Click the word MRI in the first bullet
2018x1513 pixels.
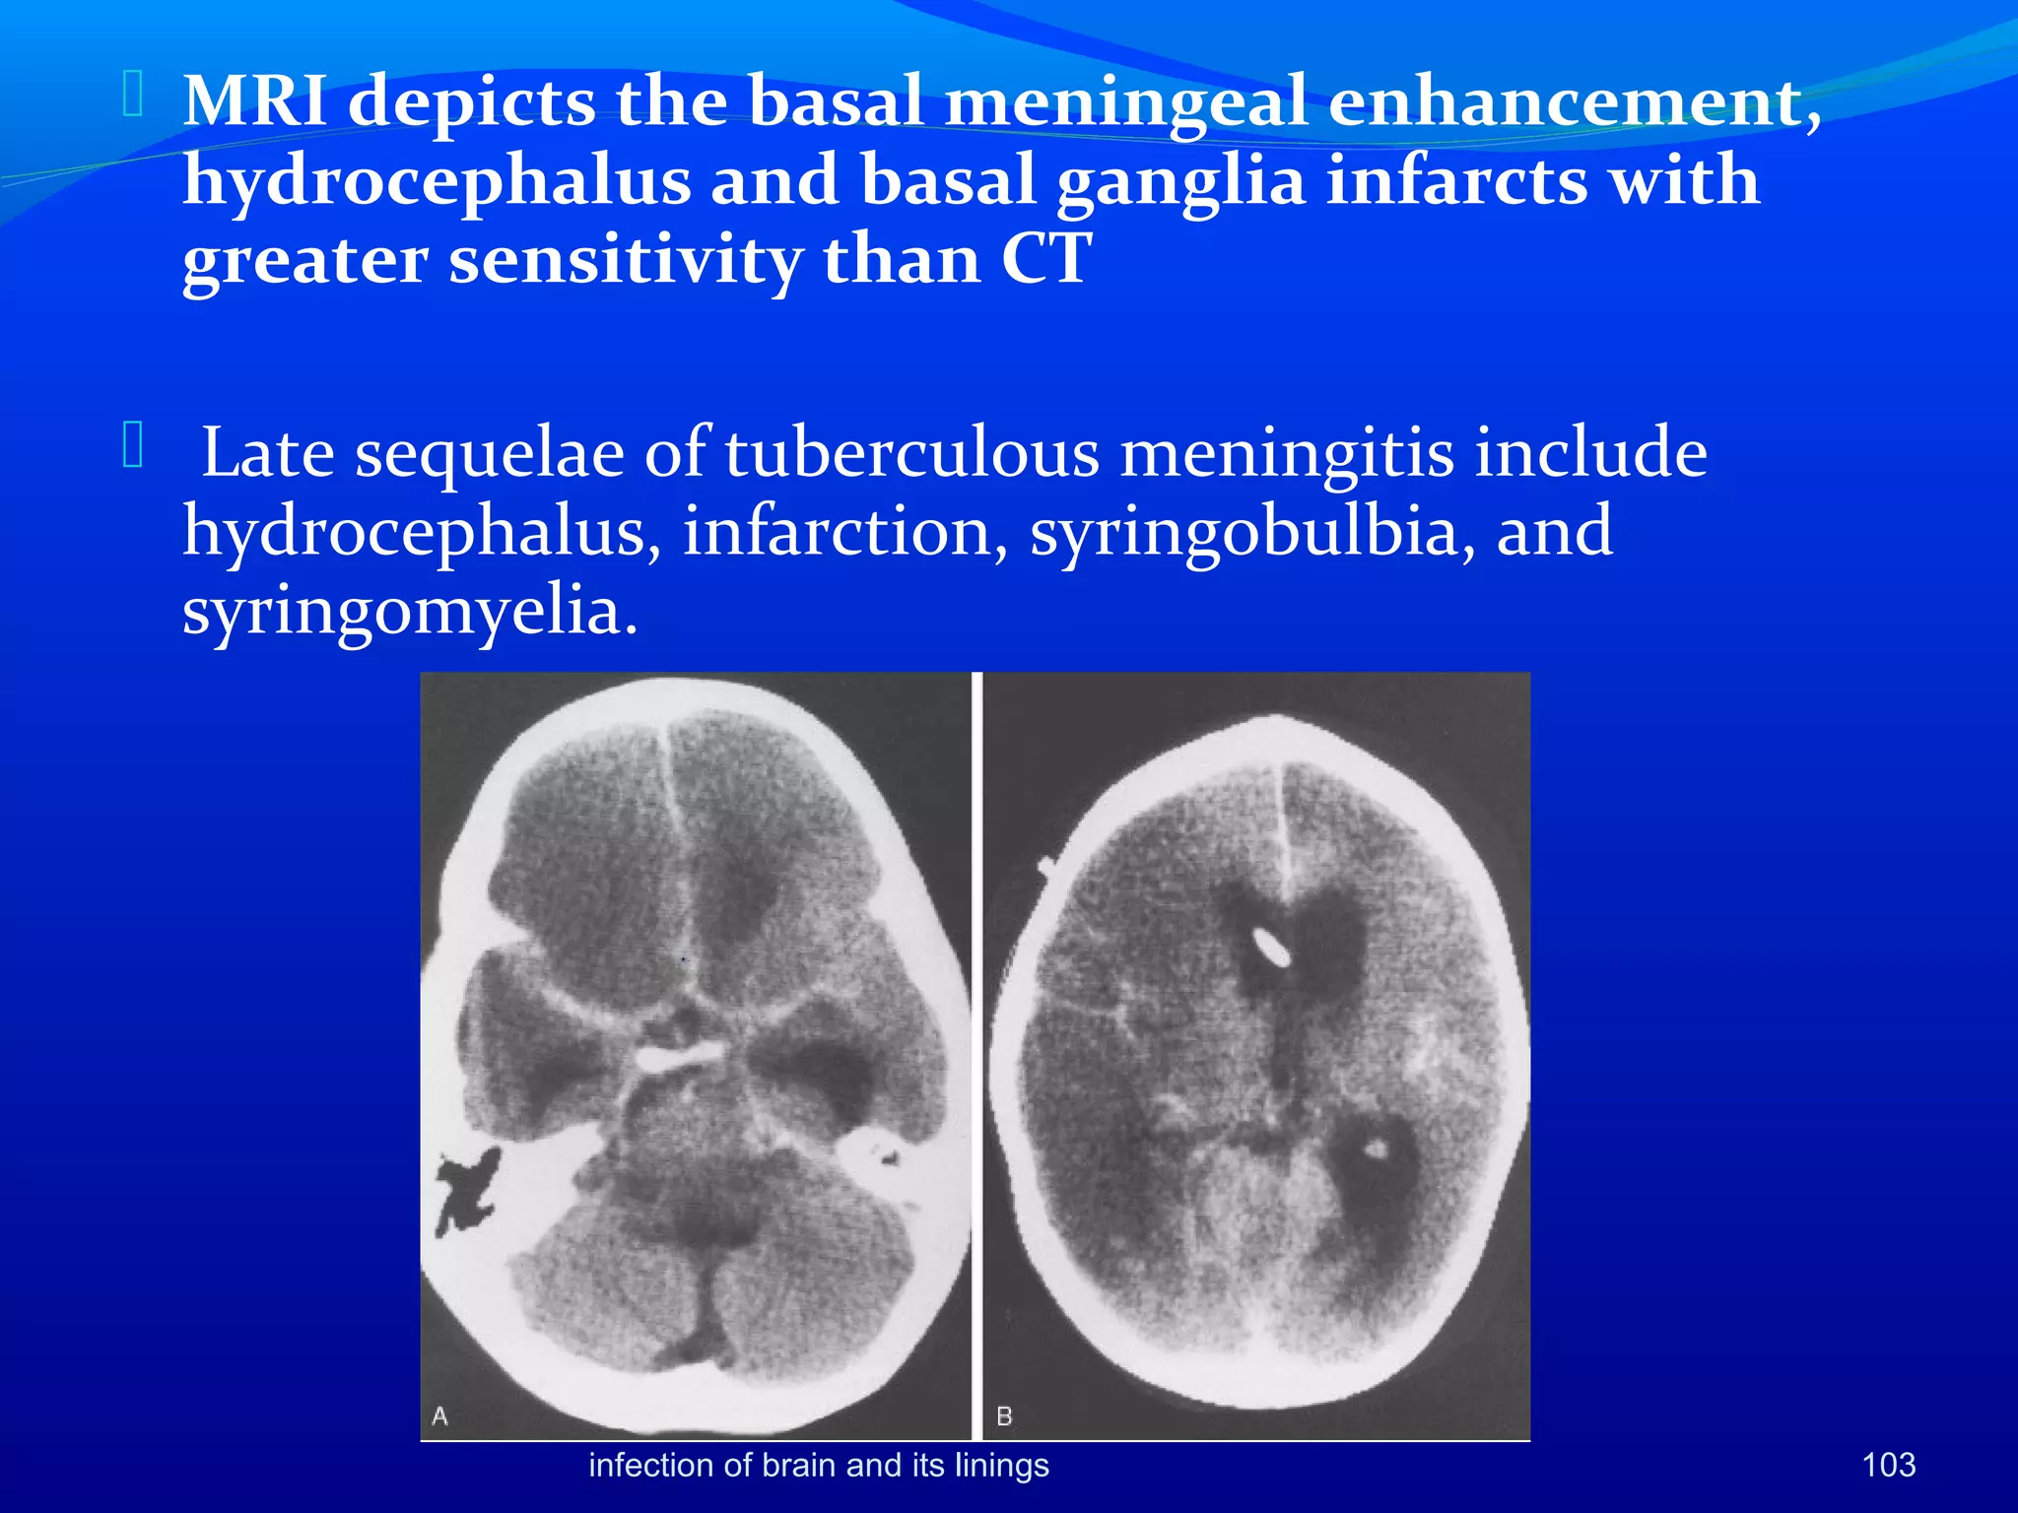(x=254, y=101)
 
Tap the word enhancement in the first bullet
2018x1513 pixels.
(x=1574, y=101)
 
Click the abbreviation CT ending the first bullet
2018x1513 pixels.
(x=1045, y=260)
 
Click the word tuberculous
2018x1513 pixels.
(x=911, y=453)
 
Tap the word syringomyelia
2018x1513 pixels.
(x=410, y=611)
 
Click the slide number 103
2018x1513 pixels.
(x=1888, y=1465)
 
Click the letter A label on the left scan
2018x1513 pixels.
(x=439, y=1415)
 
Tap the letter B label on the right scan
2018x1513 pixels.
(x=1004, y=1415)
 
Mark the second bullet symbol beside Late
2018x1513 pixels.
(x=133, y=445)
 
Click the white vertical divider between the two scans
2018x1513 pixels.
(x=976, y=1054)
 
